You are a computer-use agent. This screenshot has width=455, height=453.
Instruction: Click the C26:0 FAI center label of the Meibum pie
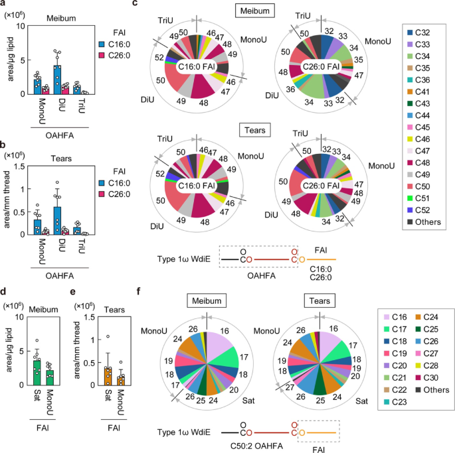[x=320, y=66]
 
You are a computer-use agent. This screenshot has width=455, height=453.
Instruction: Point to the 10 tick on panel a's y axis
[x=19, y=25]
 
